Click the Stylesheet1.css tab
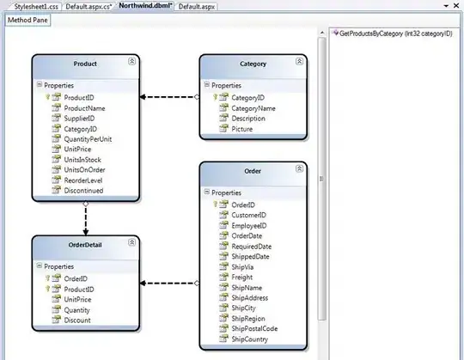[x=30, y=6]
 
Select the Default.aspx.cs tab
[x=88, y=6]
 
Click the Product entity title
[x=85, y=64]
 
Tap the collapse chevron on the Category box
[x=298, y=63]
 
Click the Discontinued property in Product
[x=84, y=191]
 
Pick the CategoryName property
[x=253, y=109]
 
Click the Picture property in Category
[x=242, y=130]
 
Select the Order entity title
[x=252, y=170]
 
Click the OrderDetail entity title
[x=85, y=245]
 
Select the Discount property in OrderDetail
[x=78, y=320]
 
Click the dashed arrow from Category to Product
[x=169, y=97]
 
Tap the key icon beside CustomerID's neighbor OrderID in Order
[x=225, y=204]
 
